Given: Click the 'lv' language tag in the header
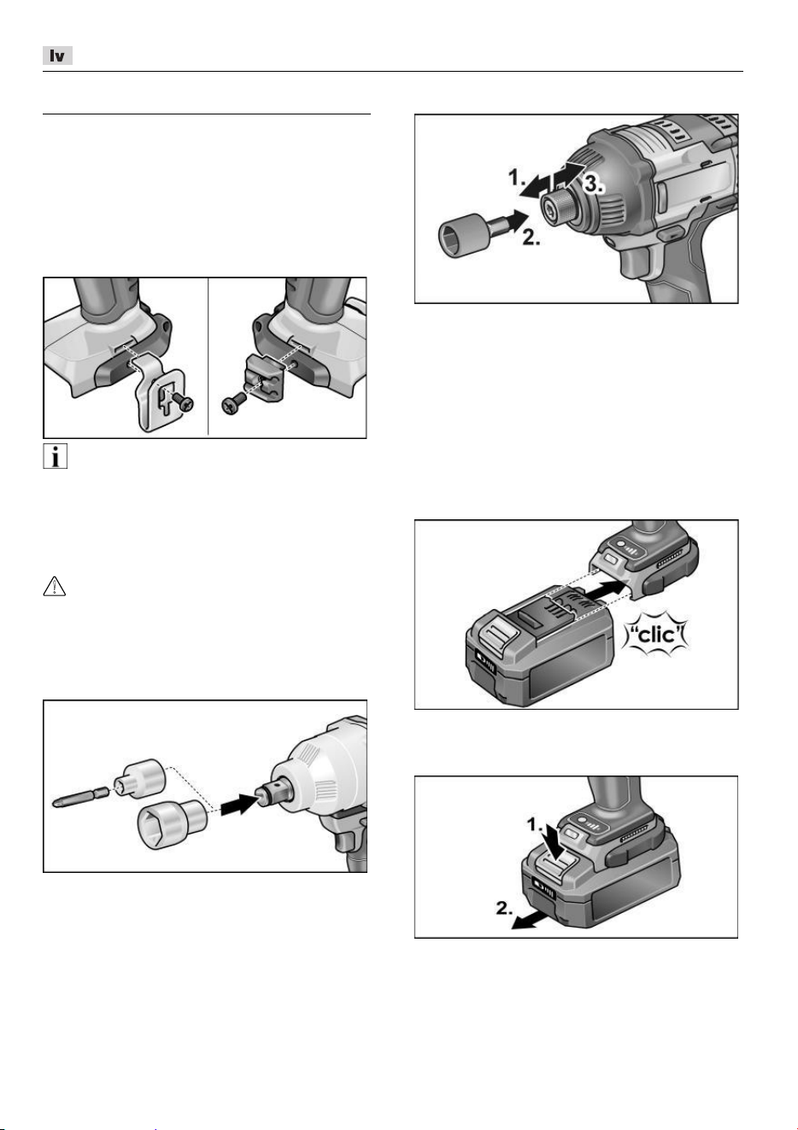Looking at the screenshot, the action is [x=57, y=56].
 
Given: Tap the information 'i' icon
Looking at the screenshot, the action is [x=55, y=457].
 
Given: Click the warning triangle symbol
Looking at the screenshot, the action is [x=55, y=586].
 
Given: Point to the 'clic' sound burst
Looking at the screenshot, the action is [x=656, y=634].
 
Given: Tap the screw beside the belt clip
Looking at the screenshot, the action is [x=183, y=402].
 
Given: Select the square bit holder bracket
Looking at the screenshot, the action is [x=263, y=377].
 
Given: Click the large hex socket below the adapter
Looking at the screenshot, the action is [x=172, y=823].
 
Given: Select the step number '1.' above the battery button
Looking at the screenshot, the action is [x=535, y=825].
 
